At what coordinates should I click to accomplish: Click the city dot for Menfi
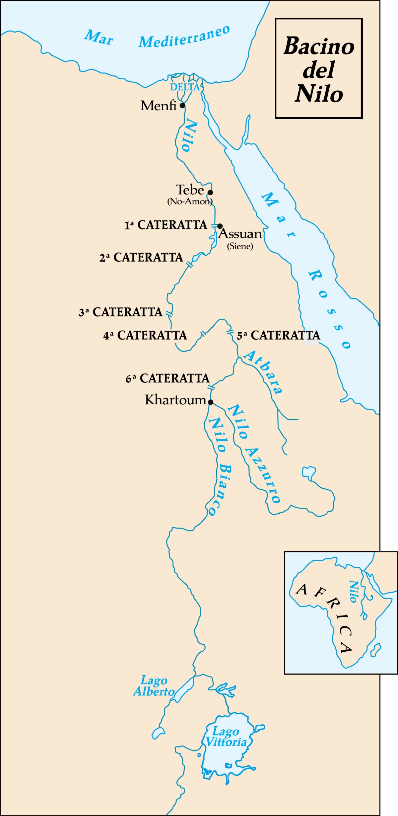click(x=182, y=106)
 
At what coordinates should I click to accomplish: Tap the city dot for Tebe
click(x=210, y=192)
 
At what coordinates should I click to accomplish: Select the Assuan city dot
click(x=220, y=226)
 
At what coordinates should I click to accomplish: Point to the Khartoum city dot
click(x=210, y=402)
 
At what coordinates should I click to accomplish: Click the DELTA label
click(x=185, y=87)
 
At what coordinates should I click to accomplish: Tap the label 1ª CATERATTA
click(x=166, y=225)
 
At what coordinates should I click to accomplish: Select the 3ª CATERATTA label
click(x=120, y=312)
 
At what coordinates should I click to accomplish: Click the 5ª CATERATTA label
click(x=279, y=335)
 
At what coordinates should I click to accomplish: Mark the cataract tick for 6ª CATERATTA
click(x=211, y=387)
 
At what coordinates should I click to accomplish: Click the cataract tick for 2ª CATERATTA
click(x=189, y=265)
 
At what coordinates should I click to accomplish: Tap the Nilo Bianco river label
click(x=220, y=466)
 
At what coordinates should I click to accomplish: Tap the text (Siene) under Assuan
click(x=240, y=246)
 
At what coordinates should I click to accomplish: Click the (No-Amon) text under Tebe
click(x=190, y=202)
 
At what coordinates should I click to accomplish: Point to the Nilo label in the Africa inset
click(x=354, y=592)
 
